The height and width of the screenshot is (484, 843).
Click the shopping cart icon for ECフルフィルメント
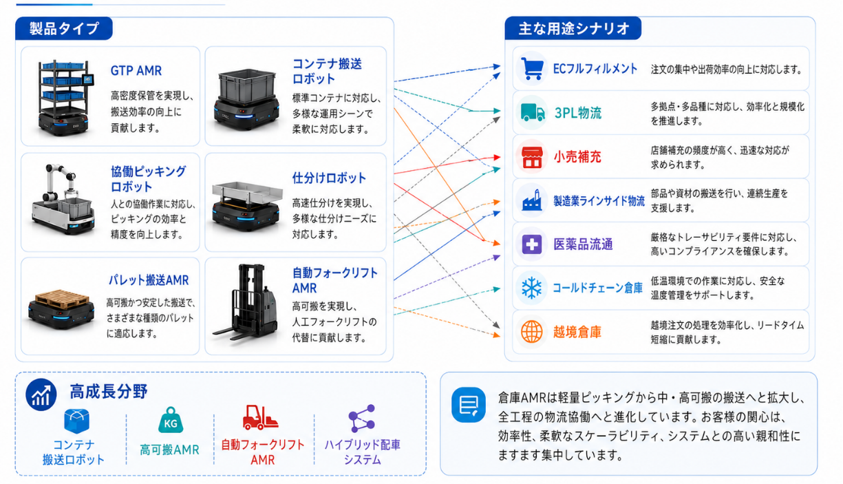532,70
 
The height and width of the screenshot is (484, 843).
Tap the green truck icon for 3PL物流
532,112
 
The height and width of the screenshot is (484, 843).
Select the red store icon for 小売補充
531,157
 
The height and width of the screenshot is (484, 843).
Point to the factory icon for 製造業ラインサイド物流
531,200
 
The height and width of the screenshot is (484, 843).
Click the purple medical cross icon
531,244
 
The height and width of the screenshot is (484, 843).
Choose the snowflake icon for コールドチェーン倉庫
531,288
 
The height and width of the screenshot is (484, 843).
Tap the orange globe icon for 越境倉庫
531,331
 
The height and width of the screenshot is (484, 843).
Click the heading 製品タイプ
64,29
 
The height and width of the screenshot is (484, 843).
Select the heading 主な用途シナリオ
573,28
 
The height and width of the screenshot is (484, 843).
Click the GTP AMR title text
136,71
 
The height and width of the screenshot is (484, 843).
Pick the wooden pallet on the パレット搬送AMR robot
62,298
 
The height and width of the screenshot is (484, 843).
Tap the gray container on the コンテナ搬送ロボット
247,86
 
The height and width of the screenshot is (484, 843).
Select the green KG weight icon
171,421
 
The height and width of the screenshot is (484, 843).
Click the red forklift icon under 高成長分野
260,417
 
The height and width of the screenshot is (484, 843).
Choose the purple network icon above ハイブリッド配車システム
362,418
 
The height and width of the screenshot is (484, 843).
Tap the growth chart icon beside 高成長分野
41,394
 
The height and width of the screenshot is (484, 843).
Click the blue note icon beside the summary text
469,406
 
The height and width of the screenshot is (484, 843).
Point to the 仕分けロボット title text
329,178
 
